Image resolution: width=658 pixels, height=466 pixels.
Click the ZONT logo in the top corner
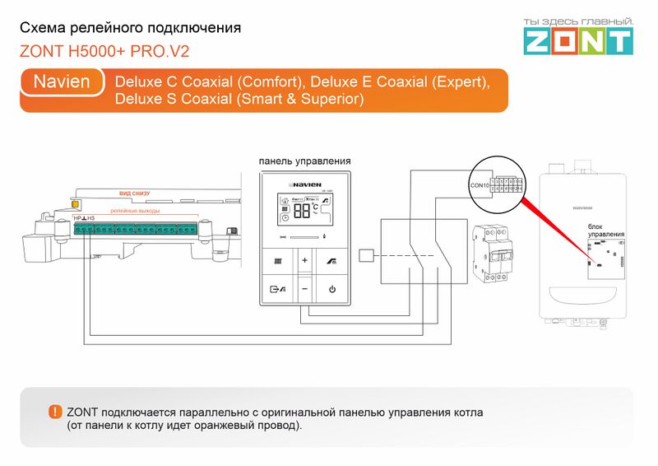tap(579, 35)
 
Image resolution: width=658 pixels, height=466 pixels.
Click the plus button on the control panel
tap(304, 261)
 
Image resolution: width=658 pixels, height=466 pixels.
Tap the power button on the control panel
tap(332, 289)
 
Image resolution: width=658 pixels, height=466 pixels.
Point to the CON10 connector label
tap(479, 186)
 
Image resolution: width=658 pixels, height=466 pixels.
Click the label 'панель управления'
tap(304, 161)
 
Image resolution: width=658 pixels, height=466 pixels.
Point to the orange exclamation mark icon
tap(54, 412)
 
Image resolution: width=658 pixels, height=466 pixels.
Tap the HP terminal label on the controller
tap(76, 218)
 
